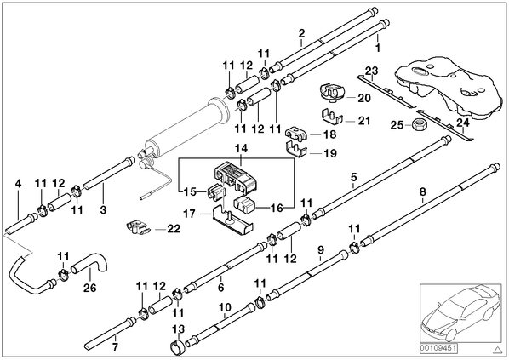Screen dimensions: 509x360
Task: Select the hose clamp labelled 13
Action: coord(177,346)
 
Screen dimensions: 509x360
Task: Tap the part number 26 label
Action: coord(90,288)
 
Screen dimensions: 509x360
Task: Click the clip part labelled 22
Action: coord(138,227)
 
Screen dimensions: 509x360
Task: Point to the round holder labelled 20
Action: coord(332,92)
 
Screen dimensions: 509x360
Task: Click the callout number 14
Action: coord(242,149)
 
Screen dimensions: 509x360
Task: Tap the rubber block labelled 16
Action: coord(245,206)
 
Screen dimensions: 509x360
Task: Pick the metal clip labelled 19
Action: coord(296,150)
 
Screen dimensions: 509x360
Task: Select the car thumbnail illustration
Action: coord(460,313)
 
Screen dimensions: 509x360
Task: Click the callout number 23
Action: coord(372,71)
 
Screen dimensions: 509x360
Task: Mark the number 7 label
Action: coord(115,347)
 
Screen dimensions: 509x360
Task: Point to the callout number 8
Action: coord(422,191)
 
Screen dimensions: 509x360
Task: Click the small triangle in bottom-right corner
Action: coord(497,350)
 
